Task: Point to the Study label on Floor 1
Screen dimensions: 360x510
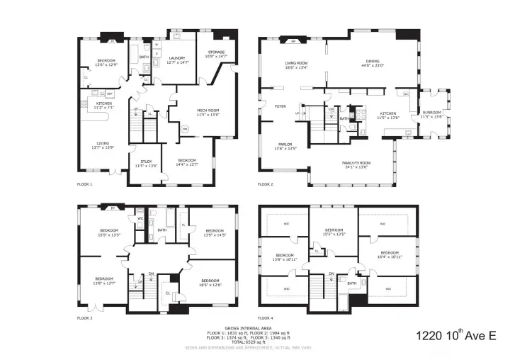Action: [x=147, y=162]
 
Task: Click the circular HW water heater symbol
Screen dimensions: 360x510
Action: [x=184, y=129]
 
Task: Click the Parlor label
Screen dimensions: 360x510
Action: [x=285, y=145]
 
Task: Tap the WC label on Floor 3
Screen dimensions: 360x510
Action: [x=140, y=218]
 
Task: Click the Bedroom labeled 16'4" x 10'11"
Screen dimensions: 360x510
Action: [x=390, y=254]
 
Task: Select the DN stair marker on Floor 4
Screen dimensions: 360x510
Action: [x=331, y=274]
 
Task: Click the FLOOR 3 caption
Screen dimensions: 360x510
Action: [x=85, y=318]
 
